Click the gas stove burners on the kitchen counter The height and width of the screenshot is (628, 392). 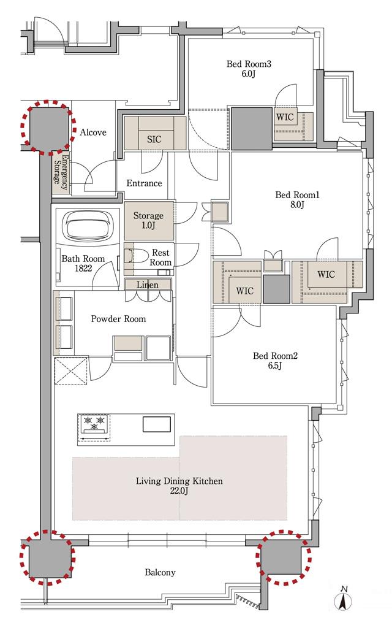[94, 424]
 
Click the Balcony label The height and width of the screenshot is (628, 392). [160, 572]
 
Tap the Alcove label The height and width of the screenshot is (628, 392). [93, 132]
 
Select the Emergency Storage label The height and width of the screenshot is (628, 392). [61, 171]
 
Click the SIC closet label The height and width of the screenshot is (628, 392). [154, 139]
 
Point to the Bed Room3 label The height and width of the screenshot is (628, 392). [249, 64]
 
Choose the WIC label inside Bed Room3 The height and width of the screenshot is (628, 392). [285, 117]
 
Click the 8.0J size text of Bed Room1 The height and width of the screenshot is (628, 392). [297, 205]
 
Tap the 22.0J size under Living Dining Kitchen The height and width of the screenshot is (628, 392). [179, 491]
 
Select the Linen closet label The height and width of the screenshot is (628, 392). [148, 285]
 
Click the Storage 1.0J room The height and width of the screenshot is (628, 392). [149, 221]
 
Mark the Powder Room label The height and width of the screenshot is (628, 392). [118, 319]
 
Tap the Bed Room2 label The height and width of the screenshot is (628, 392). [275, 356]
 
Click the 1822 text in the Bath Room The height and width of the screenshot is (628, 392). [83, 269]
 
